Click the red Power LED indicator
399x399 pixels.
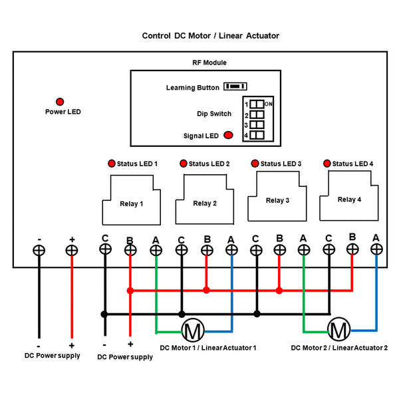tap(60, 102)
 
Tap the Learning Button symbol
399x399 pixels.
tap(235, 86)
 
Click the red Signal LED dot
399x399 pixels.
tap(228, 135)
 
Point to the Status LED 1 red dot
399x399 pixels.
tap(111, 164)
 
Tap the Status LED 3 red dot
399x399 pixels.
tap(254, 163)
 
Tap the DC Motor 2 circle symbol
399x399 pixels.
tap(339, 329)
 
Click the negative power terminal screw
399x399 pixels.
tap(39, 250)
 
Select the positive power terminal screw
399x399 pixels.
tap(72, 250)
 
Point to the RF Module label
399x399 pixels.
tap(209, 63)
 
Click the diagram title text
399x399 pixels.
tap(210, 36)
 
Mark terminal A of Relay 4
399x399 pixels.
tap(376, 249)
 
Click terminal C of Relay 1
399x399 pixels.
tap(104, 249)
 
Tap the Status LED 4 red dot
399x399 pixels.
tap(327, 163)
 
